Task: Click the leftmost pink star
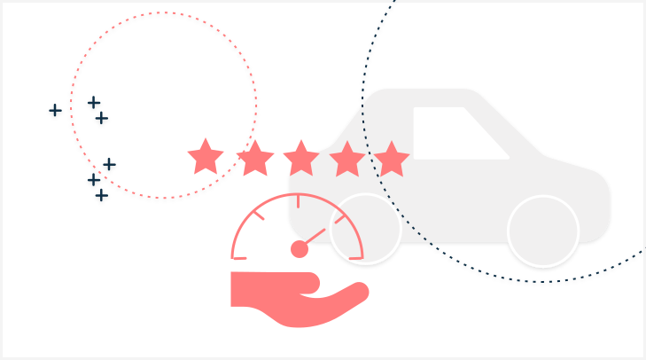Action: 206,158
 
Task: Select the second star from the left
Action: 255,159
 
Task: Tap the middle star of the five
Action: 301,159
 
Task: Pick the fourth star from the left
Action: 346,160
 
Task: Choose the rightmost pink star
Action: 391,160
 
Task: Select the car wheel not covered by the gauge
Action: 543,231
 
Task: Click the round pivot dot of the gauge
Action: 300,249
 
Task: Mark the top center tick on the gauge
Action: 298,201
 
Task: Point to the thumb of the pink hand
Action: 307,282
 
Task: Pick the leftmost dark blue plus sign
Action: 55,110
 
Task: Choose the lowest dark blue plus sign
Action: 101,195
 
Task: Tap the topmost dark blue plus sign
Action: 93,102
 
